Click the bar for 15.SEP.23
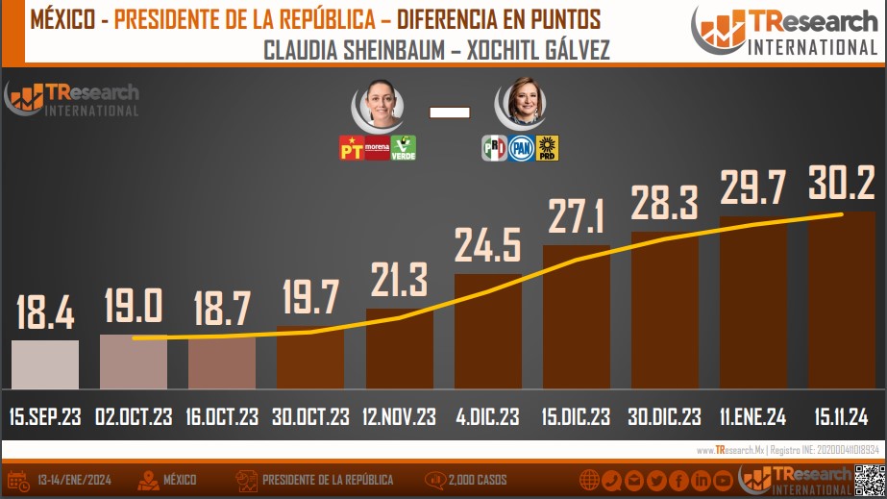coord(45,364)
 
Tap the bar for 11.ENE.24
coord(752,303)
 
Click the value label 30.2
coord(842,183)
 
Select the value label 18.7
coord(222,310)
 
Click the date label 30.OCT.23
coord(310,417)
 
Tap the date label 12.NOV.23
coord(399,417)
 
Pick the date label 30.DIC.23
coord(664,417)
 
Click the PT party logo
coord(352,148)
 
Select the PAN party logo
coord(521,148)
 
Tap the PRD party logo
coord(547,148)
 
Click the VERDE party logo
coord(403,148)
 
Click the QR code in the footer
coord(868,479)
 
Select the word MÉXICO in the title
coord(63,18)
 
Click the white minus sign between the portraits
coord(450,112)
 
